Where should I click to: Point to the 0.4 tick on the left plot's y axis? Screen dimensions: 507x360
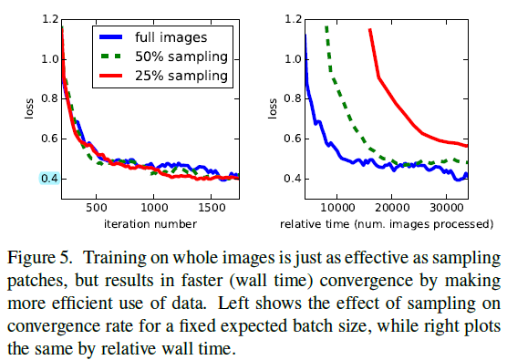49,179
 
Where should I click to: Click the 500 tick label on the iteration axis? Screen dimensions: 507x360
96,208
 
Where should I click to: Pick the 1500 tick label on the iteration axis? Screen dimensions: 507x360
211,208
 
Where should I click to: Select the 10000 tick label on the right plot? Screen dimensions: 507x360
336,208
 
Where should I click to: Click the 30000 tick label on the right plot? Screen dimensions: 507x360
446,208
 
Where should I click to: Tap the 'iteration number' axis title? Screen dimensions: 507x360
150,224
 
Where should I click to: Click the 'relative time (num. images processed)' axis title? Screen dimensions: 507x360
387,224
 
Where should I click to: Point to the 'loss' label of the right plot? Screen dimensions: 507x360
273,108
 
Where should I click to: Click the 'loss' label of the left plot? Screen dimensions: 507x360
29,108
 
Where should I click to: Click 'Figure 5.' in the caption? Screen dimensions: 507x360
39,258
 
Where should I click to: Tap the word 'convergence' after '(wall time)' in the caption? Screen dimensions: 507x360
367,281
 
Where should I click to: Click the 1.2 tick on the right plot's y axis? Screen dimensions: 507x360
294,19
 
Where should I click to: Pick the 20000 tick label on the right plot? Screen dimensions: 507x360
391,208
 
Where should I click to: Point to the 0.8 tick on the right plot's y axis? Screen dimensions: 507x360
294,98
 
